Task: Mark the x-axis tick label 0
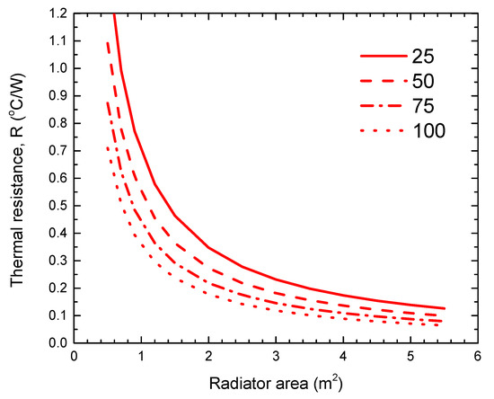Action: point(74,357)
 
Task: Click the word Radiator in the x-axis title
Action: point(238,382)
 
